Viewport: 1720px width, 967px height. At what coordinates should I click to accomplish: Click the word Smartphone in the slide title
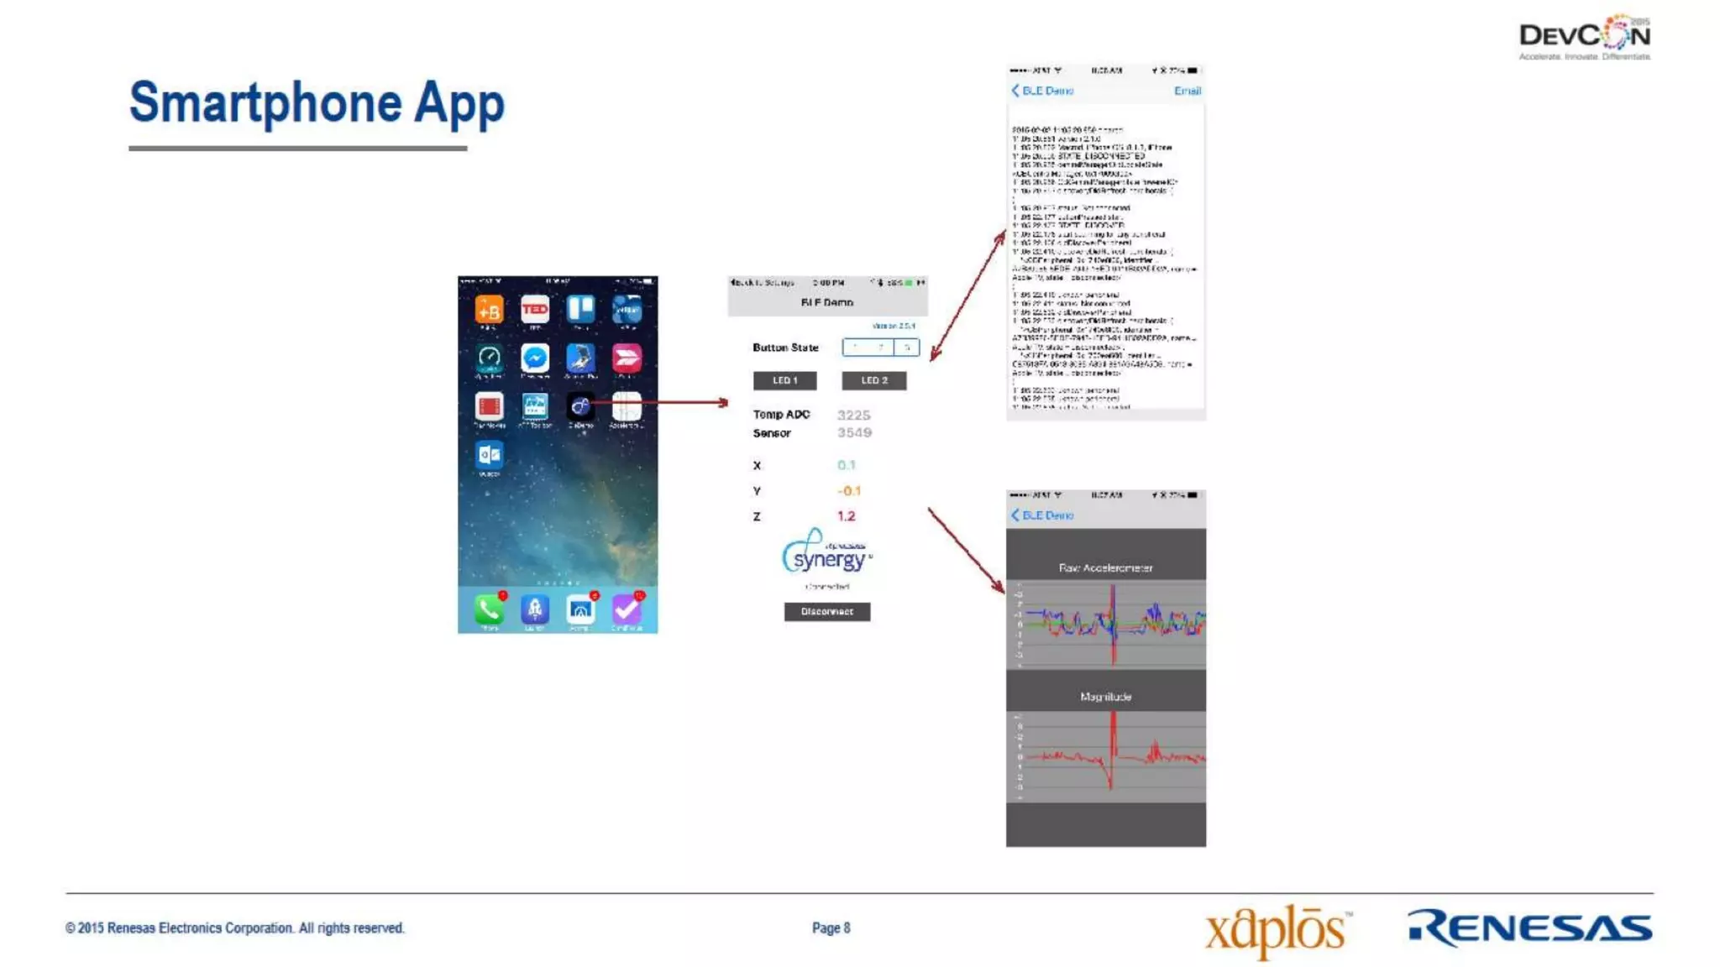265,103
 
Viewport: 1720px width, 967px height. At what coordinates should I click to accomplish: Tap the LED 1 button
784,380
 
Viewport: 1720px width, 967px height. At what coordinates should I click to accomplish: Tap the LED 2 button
873,380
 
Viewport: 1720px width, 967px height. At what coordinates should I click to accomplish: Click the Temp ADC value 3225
853,415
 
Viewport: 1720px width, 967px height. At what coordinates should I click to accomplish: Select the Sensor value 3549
854,432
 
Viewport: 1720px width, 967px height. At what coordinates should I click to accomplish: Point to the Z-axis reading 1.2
846,516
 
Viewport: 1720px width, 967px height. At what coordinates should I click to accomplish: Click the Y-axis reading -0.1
848,491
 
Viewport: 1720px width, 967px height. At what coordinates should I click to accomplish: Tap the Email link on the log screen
1187,91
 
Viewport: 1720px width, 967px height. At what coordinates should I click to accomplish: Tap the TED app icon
535,310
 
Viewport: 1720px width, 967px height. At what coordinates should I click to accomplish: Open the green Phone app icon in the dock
489,609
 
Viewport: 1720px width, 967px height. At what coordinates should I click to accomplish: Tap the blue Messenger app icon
535,358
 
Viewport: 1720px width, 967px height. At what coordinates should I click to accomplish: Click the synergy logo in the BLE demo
826,553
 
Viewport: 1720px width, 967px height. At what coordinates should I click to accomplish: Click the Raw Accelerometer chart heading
1105,568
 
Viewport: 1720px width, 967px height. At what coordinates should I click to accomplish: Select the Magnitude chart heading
1105,697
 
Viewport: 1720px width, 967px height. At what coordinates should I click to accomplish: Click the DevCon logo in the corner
1584,37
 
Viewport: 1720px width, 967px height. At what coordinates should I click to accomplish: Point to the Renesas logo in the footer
1529,928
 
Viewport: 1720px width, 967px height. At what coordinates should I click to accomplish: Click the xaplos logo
1277,930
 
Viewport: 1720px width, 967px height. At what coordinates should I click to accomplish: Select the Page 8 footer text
831,928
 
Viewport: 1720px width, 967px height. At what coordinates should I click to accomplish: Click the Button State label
785,348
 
